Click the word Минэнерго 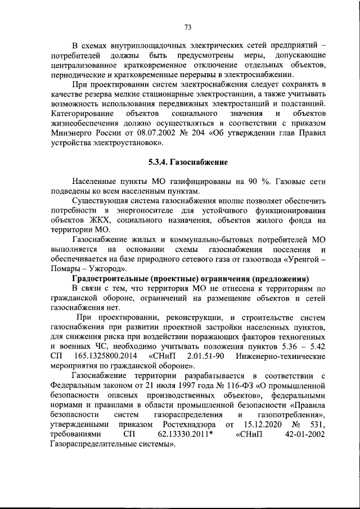[71, 133]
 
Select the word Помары [66, 269]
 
